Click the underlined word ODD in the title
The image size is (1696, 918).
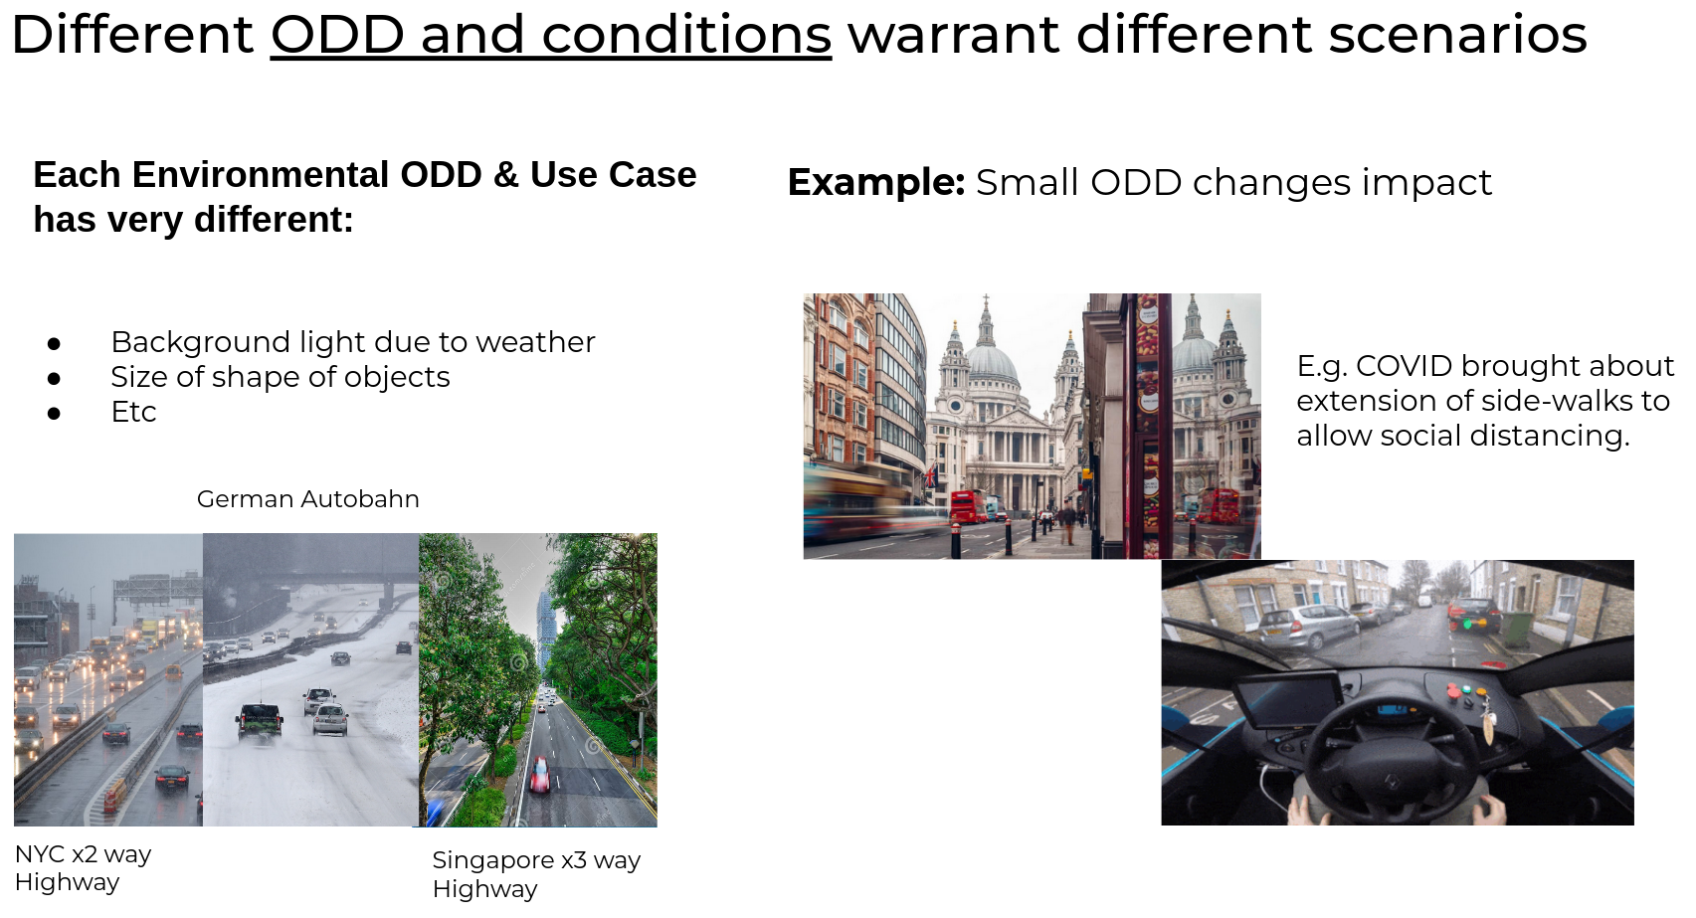coord(337,35)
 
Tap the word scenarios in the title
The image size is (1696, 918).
coord(1457,35)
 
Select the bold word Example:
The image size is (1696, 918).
coord(876,182)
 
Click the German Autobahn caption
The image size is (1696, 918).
coord(307,499)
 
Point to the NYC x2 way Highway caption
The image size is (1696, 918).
coord(84,868)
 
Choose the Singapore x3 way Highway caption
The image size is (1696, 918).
coord(536,874)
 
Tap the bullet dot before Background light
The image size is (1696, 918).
coord(54,343)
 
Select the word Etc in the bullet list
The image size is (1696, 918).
coord(133,413)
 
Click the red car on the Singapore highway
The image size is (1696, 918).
coord(539,774)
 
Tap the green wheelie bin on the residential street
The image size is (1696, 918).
coord(1517,629)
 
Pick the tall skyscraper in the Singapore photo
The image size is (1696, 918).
coord(545,629)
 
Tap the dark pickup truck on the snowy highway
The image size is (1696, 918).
coord(259,720)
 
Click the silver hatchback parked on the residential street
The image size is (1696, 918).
coord(1308,626)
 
